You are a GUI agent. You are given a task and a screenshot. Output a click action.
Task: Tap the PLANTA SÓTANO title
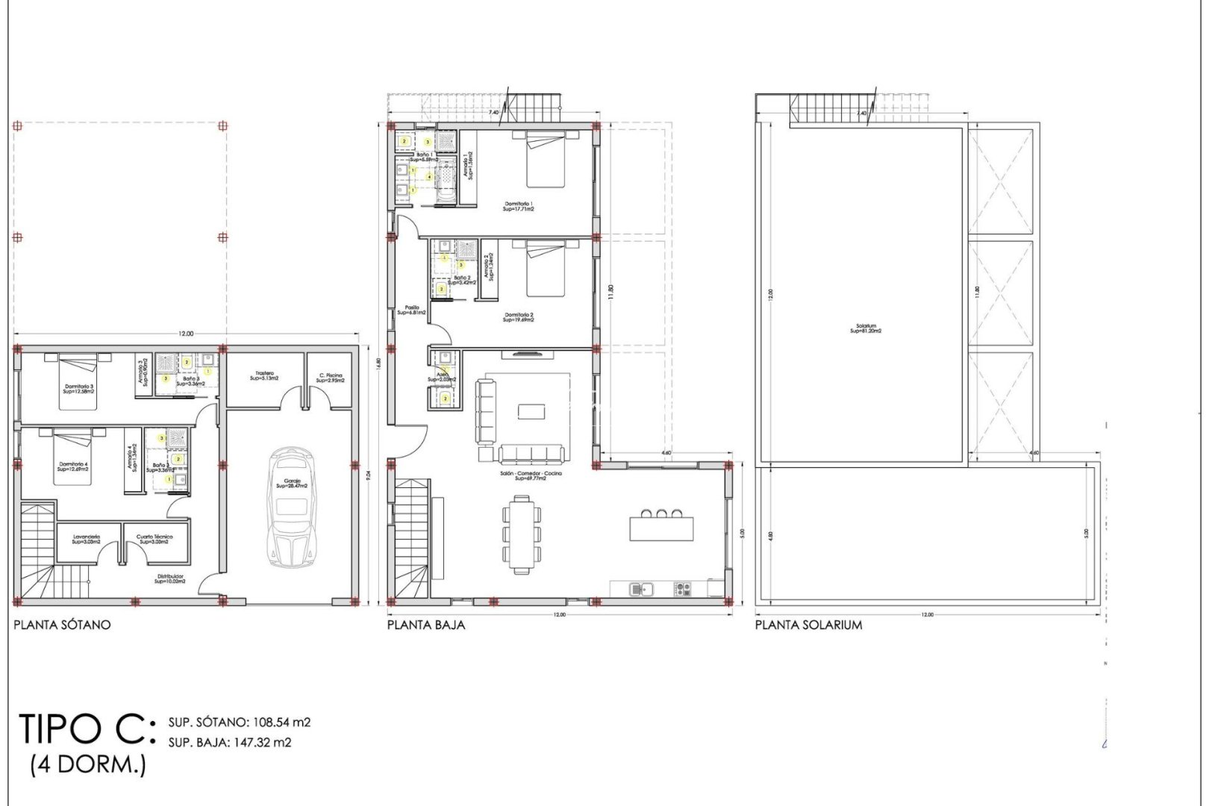(62, 625)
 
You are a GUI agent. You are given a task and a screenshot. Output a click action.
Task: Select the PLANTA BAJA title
(425, 625)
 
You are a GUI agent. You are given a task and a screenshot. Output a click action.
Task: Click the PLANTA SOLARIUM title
(808, 625)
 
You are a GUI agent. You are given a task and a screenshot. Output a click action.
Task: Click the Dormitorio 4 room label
(73, 466)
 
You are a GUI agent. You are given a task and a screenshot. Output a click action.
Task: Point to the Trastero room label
(264, 376)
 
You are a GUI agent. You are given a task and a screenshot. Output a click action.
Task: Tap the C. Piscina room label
(331, 378)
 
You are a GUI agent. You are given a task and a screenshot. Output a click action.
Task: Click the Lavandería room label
(87, 539)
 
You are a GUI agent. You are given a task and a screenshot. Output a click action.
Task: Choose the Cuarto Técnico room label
(154, 539)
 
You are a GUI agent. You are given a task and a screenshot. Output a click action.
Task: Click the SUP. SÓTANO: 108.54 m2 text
(239, 722)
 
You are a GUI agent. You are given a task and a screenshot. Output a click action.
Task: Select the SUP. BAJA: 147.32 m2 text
(229, 743)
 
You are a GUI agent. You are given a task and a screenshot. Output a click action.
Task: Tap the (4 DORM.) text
(88, 765)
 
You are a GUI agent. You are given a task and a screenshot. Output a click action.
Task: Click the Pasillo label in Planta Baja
(412, 310)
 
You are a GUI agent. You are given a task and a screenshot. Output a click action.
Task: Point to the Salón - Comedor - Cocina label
(531, 475)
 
